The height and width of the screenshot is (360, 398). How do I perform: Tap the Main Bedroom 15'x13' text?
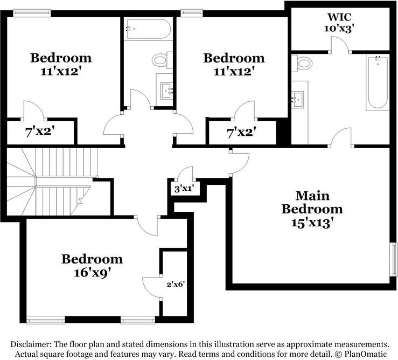[x=312, y=209]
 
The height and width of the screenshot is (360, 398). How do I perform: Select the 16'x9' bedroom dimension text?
[x=92, y=272]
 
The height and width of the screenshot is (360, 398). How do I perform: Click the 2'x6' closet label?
[x=175, y=283]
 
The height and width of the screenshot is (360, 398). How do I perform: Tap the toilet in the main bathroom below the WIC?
[x=303, y=64]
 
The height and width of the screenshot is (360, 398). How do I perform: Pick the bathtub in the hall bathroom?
[x=148, y=30]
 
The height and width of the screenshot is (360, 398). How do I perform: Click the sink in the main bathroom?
[x=298, y=98]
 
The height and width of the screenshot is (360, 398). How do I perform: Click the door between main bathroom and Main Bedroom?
[x=341, y=139]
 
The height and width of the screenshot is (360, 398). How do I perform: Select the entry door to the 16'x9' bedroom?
[x=147, y=224]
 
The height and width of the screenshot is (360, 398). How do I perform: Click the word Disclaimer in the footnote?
[x=32, y=344]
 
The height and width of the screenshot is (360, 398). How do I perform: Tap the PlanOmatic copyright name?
[x=366, y=354]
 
